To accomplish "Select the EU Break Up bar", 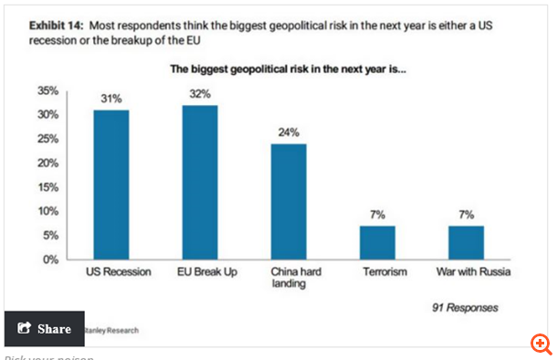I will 200,182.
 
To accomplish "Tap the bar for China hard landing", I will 289,201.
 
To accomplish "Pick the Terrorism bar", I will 377,242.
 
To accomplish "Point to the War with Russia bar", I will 466,242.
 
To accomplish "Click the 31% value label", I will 111,99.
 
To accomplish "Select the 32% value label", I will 200,94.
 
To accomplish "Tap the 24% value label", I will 289,132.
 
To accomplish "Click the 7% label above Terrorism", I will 377,214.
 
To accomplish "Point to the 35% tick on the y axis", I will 47,91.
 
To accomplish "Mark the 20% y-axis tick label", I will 47,164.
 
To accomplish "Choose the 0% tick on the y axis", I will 50,259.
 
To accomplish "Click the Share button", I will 44,329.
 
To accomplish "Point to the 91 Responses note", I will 465,308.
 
